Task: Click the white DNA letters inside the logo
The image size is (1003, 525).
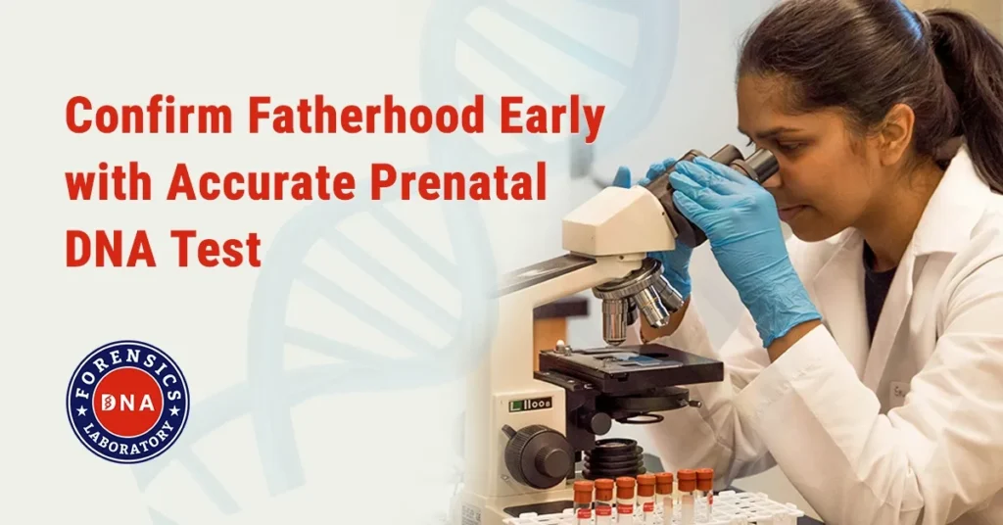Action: [128, 402]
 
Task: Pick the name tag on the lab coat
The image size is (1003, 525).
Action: [901, 393]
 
